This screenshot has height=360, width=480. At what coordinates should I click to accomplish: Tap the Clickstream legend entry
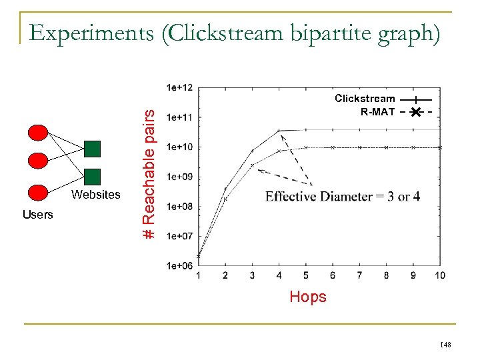[365, 99]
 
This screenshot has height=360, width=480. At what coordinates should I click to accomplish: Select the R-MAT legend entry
[377, 112]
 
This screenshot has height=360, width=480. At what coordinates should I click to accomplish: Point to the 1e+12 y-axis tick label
[180, 87]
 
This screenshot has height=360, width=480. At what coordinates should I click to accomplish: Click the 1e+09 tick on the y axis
[180, 177]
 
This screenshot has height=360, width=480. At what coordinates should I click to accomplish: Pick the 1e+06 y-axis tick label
[180, 266]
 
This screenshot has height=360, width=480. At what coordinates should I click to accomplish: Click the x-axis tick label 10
[439, 275]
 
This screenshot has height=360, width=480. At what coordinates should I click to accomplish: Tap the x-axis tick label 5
[305, 275]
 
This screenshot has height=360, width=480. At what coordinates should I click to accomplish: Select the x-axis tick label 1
[198, 275]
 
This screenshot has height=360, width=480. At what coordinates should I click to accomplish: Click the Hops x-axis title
[308, 297]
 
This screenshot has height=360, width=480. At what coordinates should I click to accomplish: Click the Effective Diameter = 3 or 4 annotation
[342, 196]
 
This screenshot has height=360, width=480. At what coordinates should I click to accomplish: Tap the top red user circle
[39, 133]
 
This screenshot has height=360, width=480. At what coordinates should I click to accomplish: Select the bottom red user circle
[39, 192]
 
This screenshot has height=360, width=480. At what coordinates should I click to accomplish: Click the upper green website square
[93, 147]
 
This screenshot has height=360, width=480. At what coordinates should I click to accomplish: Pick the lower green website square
[93, 176]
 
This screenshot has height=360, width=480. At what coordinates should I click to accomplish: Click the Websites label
[96, 195]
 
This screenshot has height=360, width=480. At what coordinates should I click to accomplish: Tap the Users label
[37, 215]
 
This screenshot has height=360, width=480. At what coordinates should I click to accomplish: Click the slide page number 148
[445, 345]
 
